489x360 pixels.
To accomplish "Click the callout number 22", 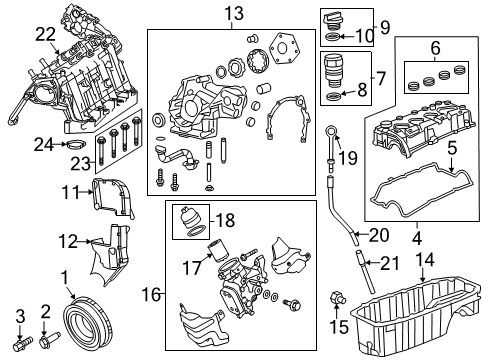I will (x=44, y=34).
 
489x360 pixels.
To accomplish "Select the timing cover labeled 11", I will (x=101, y=197).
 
